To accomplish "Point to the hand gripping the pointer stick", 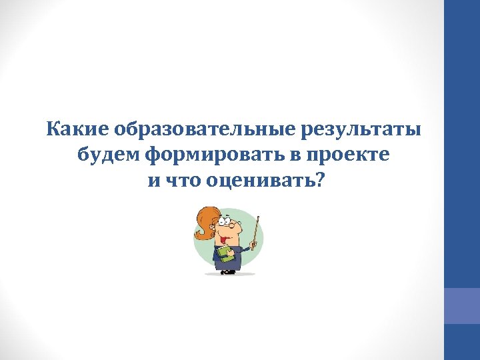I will pyautogui.click(x=253, y=246).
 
